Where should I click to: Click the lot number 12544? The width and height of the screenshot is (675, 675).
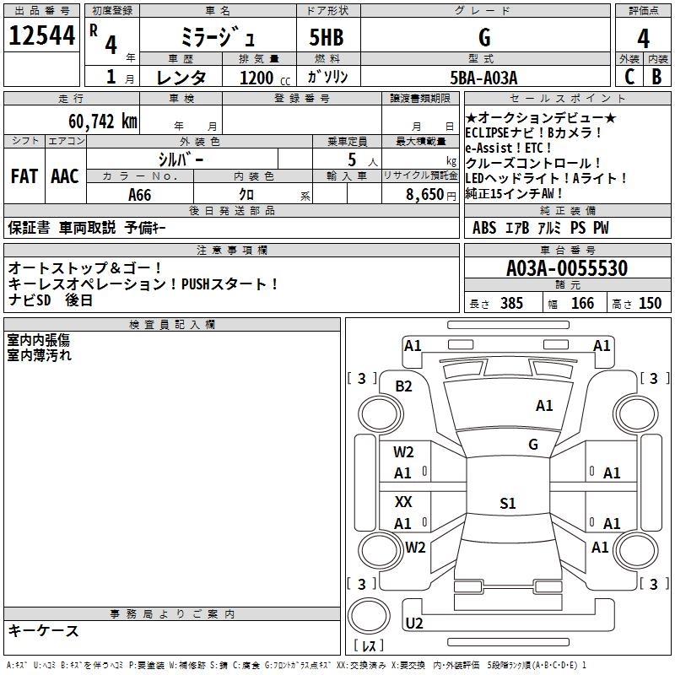pos(41,35)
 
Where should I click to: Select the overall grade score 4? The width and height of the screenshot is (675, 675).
pos(643,39)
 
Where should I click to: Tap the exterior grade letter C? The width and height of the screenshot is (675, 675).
pos(629,77)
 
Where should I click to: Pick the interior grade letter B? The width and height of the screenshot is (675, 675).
pos(656,77)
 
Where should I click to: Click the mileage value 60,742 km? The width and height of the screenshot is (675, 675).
pos(103,121)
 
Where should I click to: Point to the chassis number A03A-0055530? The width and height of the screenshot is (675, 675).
pos(567,268)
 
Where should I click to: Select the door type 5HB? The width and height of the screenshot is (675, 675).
pos(327,37)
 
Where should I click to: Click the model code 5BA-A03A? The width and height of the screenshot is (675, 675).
pos(483,78)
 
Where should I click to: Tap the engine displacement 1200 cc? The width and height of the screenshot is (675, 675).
pos(265,78)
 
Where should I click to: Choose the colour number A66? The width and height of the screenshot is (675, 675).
pos(139,195)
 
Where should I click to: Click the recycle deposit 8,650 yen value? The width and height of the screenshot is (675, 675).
pos(431,195)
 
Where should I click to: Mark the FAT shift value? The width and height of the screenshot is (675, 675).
pos(24,176)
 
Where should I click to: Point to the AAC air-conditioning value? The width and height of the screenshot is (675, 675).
pos(65,176)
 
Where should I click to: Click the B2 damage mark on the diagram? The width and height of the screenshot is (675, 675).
pos(403,386)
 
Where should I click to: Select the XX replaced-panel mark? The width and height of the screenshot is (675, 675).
pos(403,501)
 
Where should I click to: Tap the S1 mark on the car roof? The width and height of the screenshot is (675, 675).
pos(508,503)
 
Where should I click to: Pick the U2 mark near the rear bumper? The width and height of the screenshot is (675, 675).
pos(414,623)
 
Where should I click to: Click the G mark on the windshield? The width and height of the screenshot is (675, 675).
pos(533,444)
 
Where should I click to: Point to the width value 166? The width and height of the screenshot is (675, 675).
pos(582,303)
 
